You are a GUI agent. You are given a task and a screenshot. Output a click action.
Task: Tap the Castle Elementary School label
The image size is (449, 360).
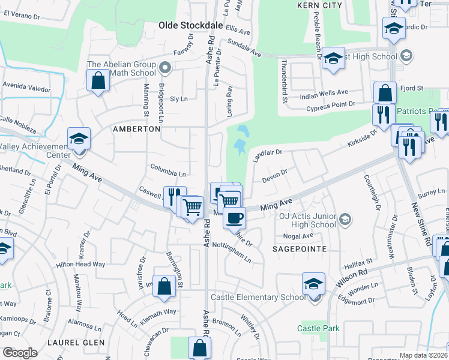tap(253, 297)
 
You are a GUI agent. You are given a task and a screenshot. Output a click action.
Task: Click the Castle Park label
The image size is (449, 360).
tap(319, 328)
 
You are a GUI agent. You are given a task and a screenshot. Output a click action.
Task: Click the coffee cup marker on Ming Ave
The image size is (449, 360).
tap(234, 217)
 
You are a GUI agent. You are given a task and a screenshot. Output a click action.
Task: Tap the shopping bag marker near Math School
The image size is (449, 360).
tap(98, 80)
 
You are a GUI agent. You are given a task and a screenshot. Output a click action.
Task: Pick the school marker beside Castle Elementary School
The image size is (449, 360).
tap(313, 283)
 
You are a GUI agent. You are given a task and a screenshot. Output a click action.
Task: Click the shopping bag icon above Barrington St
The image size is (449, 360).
tap(164, 286)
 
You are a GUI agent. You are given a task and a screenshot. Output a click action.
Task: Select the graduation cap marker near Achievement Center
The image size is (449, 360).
tap(78, 139)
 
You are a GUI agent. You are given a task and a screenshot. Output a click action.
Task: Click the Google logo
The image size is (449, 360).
tap(20, 352)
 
